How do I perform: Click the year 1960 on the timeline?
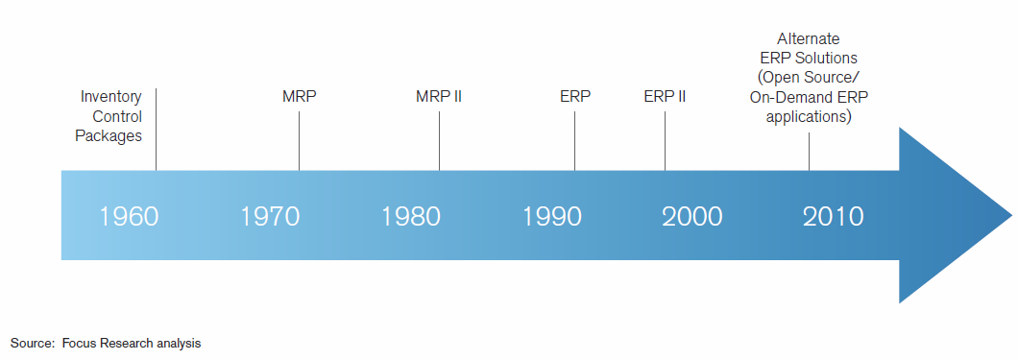pos(129,216)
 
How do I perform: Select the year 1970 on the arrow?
pos(270,216)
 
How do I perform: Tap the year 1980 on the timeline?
pos(411,216)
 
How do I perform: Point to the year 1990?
pos(552,216)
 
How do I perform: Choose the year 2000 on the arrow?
pos(692,216)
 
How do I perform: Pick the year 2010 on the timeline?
pos(834,216)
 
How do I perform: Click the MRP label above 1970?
pos(300,97)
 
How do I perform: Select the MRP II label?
pos(440,97)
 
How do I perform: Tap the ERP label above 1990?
pos(575,97)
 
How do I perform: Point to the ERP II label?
pos(665,97)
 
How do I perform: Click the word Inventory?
pos(111,97)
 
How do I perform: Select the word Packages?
pos(109,135)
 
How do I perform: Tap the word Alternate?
pos(809,39)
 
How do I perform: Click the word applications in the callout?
pos(809,117)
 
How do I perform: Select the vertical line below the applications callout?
pos(809,151)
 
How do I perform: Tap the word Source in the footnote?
pos(30,343)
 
